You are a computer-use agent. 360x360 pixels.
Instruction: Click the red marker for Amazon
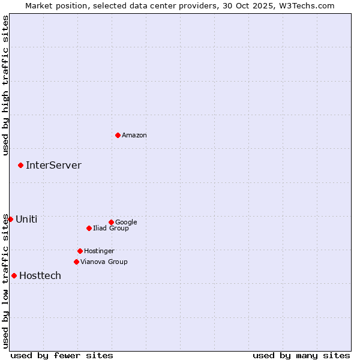coord(118,135)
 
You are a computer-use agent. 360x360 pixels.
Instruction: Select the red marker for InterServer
coord(20,165)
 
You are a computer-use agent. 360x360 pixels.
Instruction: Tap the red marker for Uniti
coord(10,219)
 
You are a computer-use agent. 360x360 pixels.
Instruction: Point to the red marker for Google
coord(111,222)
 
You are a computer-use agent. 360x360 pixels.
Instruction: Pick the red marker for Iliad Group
coord(89,228)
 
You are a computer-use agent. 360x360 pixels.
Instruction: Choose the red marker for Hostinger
coord(80,251)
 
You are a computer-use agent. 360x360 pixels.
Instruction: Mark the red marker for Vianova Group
coord(76,262)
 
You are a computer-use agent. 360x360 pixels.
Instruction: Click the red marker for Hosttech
coord(14,275)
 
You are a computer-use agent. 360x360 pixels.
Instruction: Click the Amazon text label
coord(134,136)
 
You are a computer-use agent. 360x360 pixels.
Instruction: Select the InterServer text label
coord(53,165)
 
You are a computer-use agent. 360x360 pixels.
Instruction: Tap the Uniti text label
coord(26,219)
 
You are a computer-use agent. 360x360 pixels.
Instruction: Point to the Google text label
coord(126,222)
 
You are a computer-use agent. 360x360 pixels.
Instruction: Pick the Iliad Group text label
coord(111,228)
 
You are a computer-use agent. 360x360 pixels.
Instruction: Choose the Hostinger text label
coord(99,251)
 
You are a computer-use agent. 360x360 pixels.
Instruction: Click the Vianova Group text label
coord(104,262)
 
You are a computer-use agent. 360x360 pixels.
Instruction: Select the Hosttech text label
coord(40,275)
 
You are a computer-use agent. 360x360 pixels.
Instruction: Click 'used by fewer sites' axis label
coord(62,355)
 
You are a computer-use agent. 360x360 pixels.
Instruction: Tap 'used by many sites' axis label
coord(301,355)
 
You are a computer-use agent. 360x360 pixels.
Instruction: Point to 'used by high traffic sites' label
coord(5,85)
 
